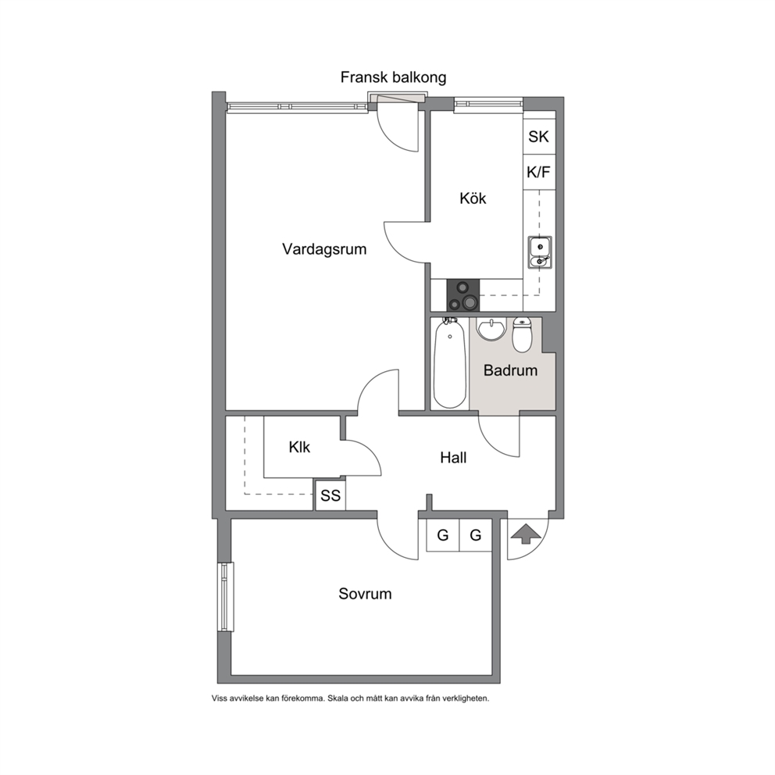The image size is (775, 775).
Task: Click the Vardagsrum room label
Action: point(324,249)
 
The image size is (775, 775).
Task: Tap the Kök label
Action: point(473,198)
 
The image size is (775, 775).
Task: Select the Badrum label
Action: point(510,370)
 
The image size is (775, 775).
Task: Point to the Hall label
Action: point(453,458)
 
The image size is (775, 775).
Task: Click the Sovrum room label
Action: point(365,594)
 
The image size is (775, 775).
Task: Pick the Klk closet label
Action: point(299,448)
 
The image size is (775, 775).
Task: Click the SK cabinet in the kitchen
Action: point(539,137)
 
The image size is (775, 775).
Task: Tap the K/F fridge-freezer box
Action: point(539,172)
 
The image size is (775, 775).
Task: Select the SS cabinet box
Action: point(330,495)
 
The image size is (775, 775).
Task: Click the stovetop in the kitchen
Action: point(463,295)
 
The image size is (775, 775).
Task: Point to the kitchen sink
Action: point(540,252)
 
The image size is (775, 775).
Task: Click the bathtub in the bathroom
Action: point(450,362)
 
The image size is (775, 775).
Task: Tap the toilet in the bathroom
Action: point(522,334)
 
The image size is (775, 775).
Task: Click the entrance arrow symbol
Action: point(524,534)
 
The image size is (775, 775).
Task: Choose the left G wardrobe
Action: point(443,535)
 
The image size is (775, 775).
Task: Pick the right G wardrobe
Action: point(476,535)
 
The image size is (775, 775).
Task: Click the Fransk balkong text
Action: point(394,77)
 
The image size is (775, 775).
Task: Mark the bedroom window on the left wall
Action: point(227,597)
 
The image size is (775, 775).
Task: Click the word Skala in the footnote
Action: point(337,698)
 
